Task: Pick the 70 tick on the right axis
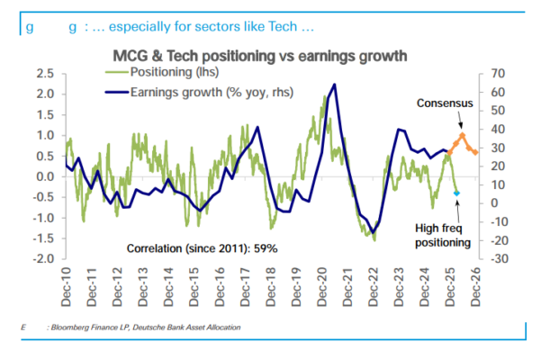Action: (498, 73)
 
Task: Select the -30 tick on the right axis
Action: (498, 259)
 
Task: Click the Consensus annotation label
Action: (445, 104)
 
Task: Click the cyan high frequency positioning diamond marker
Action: (456, 193)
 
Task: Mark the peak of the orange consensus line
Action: (462, 135)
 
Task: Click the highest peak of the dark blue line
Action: (335, 85)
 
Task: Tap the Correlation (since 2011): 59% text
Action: (202, 247)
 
